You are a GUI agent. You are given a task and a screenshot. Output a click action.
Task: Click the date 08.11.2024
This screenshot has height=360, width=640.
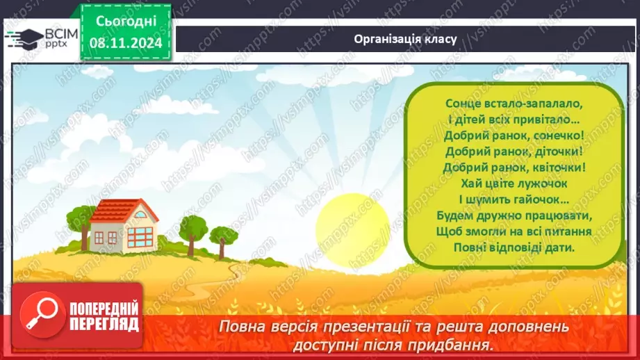(126, 42)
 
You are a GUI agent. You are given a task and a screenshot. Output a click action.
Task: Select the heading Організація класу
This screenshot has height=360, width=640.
(404, 39)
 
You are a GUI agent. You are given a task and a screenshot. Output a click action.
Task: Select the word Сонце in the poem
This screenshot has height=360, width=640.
(463, 103)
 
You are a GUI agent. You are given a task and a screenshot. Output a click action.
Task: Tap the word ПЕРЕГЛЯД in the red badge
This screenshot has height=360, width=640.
(95, 323)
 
